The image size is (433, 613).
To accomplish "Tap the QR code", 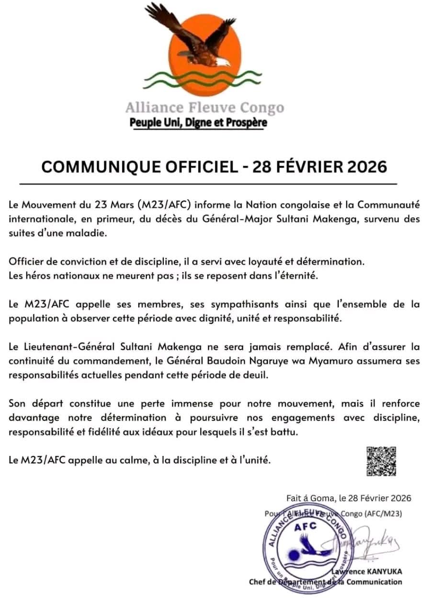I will point(381,461).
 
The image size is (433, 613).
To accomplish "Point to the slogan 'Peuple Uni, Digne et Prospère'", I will point(198,123).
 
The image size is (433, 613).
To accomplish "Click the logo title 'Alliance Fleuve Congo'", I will point(205,107).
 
